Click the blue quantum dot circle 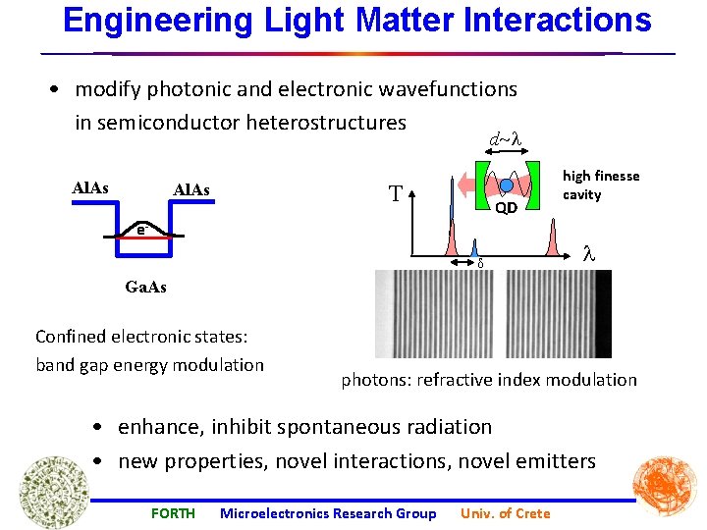(507, 185)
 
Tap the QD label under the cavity (506, 208)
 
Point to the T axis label (396, 193)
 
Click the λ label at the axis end (589, 251)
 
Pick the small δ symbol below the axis (480, 263)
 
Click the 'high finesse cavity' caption (600, 185)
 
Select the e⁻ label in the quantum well (142, 230)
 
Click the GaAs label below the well (146, 288)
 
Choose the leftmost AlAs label (91, 186)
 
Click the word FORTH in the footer (173, 513)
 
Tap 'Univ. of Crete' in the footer (506, 513)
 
